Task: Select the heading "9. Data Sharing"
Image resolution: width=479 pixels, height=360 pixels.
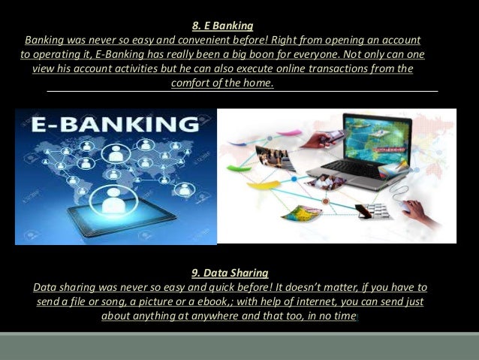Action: [x=230, y=272]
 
